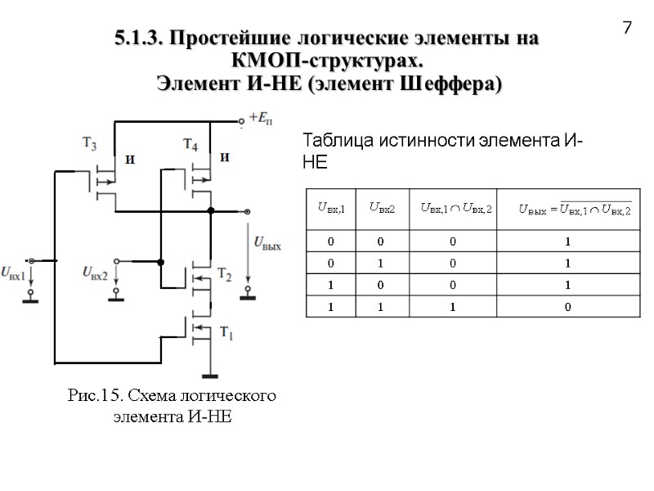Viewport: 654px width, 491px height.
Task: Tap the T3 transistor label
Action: click(x=91, y=145)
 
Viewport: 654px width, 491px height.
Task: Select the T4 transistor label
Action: click(x=190, y=145)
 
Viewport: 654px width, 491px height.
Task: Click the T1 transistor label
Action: click(x=226, y=333)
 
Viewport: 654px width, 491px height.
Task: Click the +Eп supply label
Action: click(x=262, y=116)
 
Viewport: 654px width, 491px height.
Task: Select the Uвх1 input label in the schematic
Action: click(x=14, y=271)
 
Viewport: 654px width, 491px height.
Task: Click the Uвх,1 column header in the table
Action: click(x=330, y=209)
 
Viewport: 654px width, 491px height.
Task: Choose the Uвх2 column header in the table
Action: click(x=382, y=209)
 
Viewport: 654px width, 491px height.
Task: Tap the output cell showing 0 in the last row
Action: click(x=567, y=307)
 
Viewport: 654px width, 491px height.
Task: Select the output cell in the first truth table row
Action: click(x=567, y=241)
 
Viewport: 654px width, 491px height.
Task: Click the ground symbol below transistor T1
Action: click(x=210, y=376)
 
